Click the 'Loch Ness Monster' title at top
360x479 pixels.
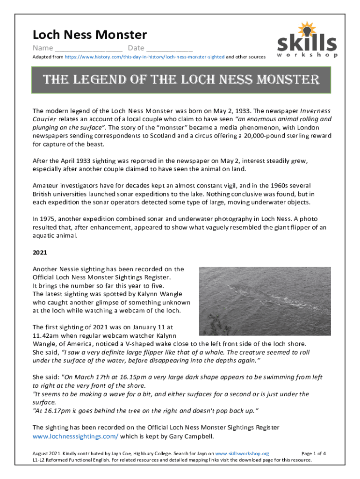point(89,35)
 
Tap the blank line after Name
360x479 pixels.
point(88,49)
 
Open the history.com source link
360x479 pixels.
point(144,57)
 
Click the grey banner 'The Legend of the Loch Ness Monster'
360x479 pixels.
point(180,80)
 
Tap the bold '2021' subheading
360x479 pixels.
point(39,253)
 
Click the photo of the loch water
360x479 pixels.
point(265,301)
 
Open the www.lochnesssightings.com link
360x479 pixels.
point(75,436)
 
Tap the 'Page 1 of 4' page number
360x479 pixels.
point(314,453)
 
